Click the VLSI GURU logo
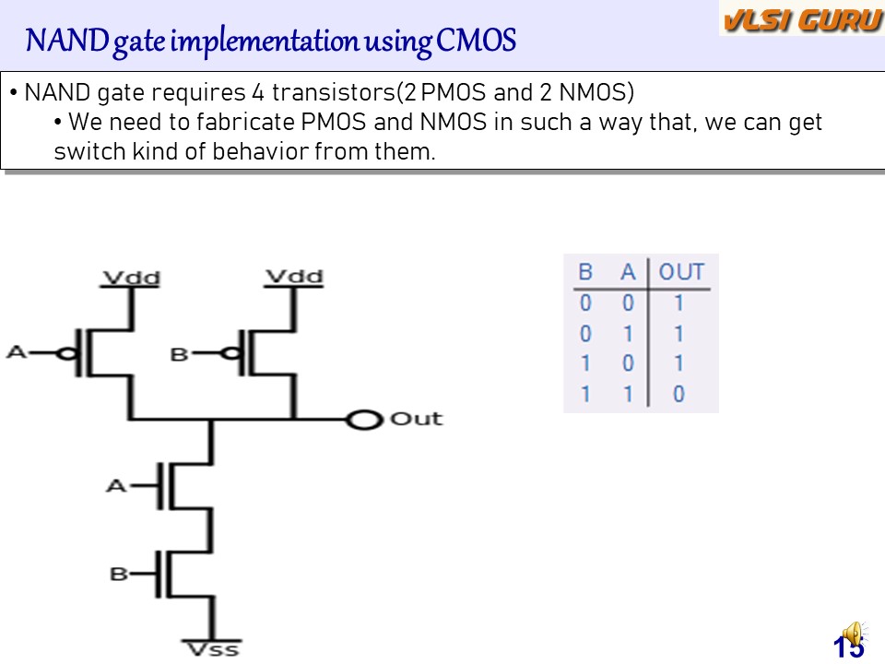pos(801,19)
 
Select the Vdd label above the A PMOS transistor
pos(130,277)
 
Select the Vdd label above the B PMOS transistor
pos(294,277)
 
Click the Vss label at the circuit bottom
pos(212,648)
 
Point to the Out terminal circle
pos(364,421)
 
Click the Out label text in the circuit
pos(416,419)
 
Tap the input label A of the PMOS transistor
pos(17,351)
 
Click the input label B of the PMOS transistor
pos(180,352)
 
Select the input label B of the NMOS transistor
pos(118,574)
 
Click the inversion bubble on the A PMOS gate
pos(65,352)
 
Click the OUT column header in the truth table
pos(681,272)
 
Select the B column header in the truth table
pos(584,272)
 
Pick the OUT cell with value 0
pos(678,395)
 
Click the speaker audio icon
pos(854,634)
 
